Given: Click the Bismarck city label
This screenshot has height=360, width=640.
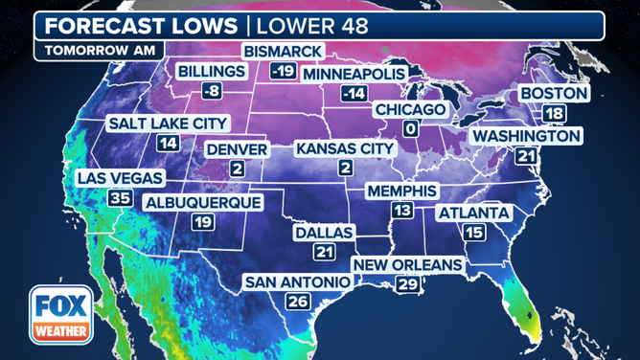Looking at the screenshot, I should click(284, 51).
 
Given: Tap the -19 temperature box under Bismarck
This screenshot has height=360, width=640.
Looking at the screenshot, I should click(283, 71).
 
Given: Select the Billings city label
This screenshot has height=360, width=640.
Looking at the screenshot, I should click(212, 71).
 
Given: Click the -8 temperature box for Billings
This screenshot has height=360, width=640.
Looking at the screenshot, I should click(212, 91).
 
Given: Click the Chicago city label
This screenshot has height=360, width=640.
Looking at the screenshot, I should click(410, 110).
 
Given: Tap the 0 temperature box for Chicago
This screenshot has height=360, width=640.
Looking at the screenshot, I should click(409, 129).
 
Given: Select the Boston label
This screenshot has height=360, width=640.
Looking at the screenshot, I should click(554, 93).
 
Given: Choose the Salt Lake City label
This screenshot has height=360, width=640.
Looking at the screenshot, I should click(168, 124).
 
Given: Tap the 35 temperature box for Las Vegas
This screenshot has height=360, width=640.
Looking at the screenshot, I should click(120, 198).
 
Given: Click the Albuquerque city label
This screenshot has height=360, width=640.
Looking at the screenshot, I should click(203, 202).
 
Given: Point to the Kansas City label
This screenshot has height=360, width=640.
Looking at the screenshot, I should click(345, 148).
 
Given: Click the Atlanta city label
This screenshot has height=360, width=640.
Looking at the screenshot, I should click(473, 213).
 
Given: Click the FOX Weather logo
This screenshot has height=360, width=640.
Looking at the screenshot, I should click(60, 315).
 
